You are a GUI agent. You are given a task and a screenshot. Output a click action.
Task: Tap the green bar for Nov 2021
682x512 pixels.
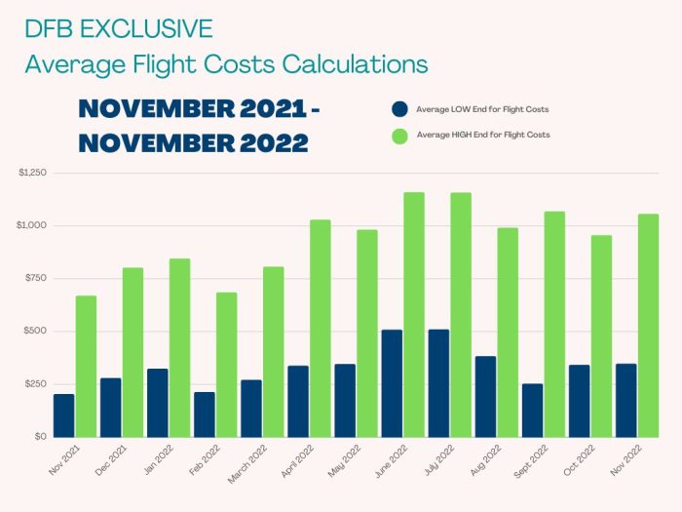coord(87,366)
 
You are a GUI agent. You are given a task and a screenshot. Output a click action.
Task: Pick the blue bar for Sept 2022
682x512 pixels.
coord(532,410)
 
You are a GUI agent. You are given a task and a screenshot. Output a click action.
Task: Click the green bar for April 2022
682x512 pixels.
coord(321,328)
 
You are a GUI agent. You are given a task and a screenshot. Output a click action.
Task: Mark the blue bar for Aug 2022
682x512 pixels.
coord(485,396)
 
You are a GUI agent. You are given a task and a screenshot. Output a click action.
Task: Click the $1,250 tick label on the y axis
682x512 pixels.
coord(32,173)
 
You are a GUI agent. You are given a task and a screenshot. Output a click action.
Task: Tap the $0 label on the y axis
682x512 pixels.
coord(40,437)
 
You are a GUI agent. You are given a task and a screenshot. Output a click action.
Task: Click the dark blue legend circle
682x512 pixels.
coord(398,108)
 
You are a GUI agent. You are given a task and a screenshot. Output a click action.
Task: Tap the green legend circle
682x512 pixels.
coord(398,135)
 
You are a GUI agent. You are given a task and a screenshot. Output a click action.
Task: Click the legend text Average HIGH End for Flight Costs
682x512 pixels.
coord(482,135)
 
